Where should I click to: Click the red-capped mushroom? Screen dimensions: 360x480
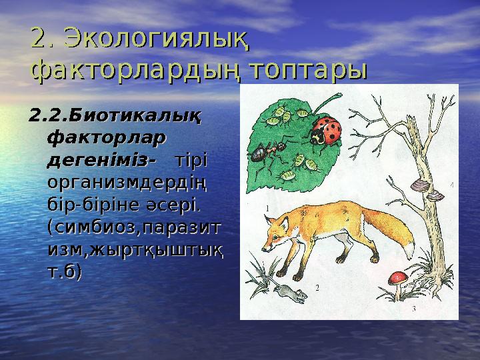399,277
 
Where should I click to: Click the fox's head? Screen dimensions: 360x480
279,229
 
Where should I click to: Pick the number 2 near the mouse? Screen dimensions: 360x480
317,288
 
